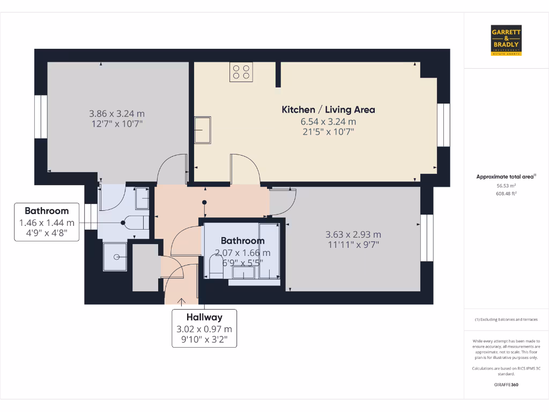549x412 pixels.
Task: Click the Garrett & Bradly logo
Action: [x=506, y=40]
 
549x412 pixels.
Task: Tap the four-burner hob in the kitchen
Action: [x=241, y=72]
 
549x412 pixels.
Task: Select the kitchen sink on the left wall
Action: [x=203, y=130]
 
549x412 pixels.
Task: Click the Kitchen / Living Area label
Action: [x=328, y=109]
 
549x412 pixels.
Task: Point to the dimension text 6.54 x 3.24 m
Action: [x=328, y=122]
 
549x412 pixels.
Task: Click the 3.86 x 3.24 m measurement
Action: [x=117, y=114]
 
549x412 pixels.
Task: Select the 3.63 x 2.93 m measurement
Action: [x=353, y=234]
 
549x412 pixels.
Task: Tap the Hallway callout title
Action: [x=204, y=317]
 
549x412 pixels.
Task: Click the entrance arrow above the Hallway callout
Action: [x=182, y=302]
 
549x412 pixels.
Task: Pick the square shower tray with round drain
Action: [x=115, y=256]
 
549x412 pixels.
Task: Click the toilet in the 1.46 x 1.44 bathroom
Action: [x=136, y=222]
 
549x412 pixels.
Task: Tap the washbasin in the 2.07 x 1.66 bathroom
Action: [x=243, y=273]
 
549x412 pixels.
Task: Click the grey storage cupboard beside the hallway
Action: [x=145, y=268]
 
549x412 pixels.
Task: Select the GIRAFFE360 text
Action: [x=506, y=385]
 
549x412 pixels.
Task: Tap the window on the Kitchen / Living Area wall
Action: [x=443, y=124]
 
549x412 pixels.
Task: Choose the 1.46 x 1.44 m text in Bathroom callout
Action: [x=47, y=223]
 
